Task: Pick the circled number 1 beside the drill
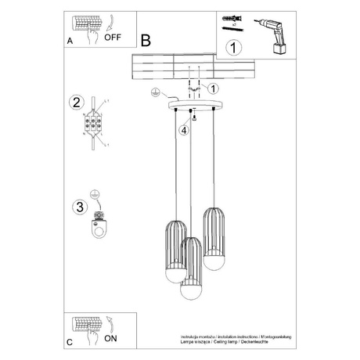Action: click(232, 47)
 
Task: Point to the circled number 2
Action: click(76, 103)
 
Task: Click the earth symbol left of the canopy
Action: click(157, 92)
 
